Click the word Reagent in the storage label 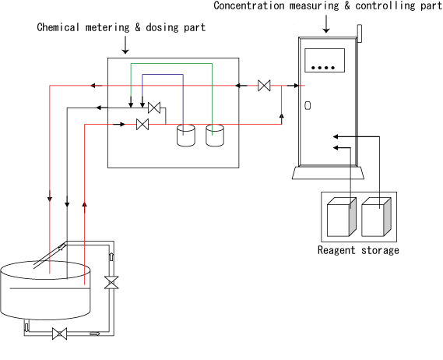pos(336,251)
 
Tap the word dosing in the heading pos(162,27)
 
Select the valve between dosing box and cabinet pos(264,86)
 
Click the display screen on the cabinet pos(325,60)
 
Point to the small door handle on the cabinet pos(308,105)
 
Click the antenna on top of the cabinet pos(360,34)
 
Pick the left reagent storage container pos(341,217)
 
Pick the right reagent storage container pos(376,217)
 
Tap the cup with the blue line pos(185,135)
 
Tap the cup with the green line pos(215,135)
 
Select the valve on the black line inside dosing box pos(154,108)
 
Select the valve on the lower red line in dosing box pos(142,124)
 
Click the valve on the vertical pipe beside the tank pos(111,283)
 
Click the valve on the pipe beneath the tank pos(60,334)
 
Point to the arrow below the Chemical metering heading pos(125,45)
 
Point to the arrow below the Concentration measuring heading pos(326,24)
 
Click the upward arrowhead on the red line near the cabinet pos(281,115)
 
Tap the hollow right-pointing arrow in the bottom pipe pos(95,334)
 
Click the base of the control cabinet pos(328,173)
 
